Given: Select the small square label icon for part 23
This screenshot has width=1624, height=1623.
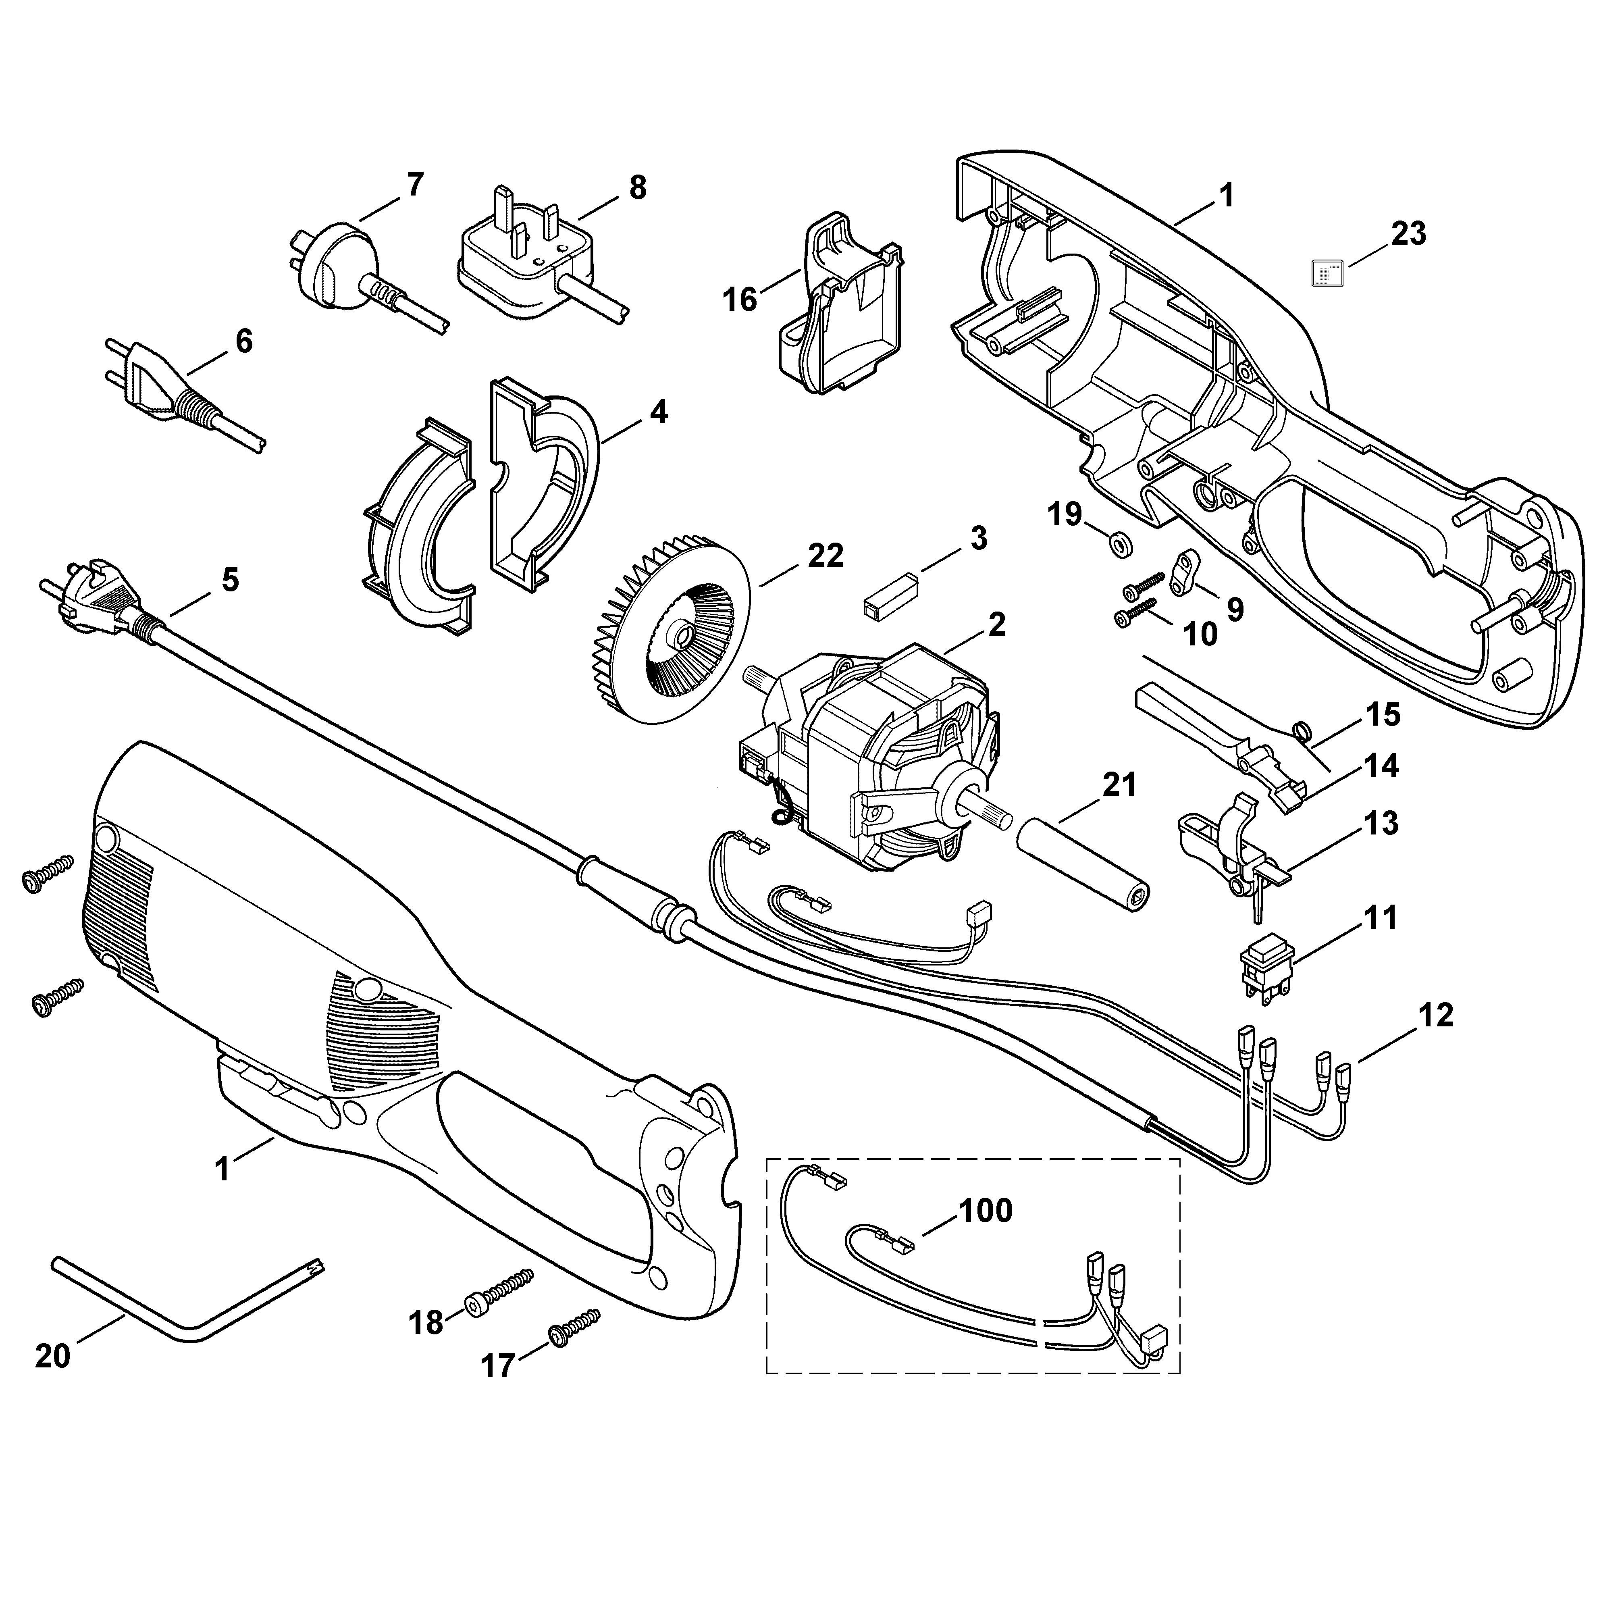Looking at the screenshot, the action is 1328,273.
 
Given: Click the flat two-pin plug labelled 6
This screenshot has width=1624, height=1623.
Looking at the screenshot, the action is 181,395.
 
